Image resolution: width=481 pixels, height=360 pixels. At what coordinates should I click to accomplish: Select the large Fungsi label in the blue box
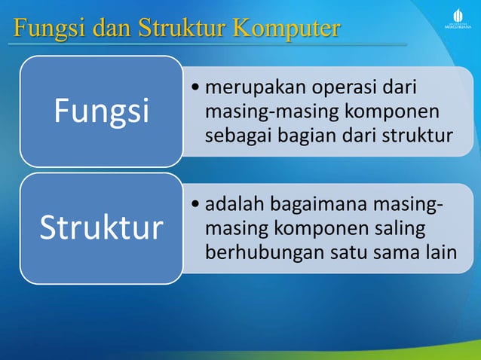[101, 111]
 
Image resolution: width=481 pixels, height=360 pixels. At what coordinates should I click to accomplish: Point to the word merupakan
[250, 88]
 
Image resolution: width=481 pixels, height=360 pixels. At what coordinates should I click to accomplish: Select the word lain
[439, 252]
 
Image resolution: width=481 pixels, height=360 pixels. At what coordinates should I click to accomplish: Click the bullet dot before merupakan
[196, 89]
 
